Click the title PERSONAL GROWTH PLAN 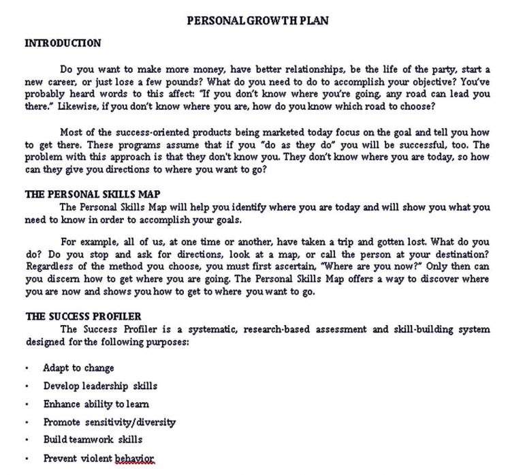[257, 20]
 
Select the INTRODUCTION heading [63, 43]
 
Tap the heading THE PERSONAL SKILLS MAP [93, 194]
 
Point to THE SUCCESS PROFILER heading [84, 316]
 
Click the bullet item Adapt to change [78, 368]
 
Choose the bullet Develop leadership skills [100, 386]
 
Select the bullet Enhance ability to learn [96, 404]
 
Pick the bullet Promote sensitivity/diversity [110, 422]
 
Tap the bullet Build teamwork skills [93, 440]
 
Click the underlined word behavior [135, 458]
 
